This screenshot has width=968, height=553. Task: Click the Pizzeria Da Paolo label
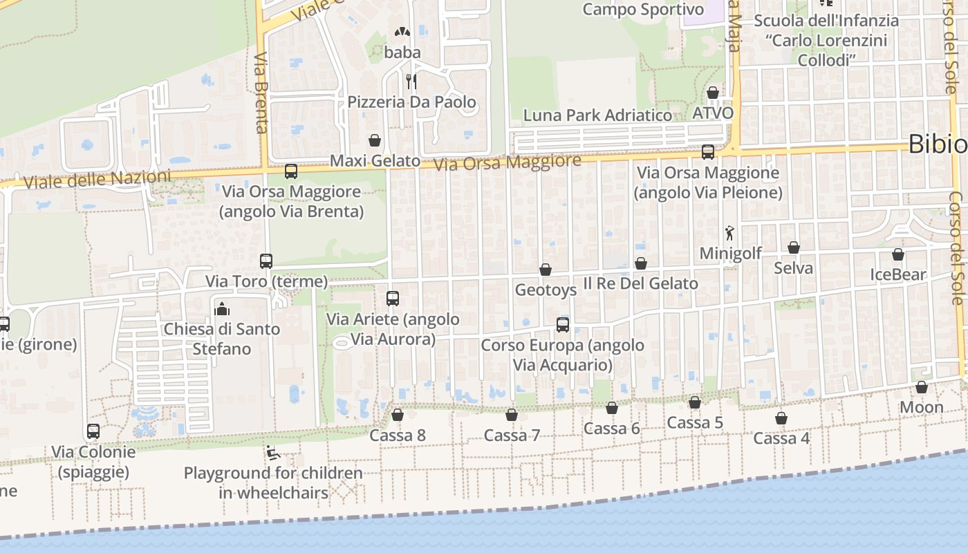411,102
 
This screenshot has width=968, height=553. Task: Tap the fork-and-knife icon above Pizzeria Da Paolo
411,82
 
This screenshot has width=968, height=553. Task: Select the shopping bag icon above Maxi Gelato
375,140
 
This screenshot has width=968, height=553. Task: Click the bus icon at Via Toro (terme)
266,261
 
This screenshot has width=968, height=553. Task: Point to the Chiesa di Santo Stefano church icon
222,308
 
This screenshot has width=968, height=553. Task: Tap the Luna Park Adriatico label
597,115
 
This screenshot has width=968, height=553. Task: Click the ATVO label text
713,112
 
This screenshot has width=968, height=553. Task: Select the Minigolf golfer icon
729,233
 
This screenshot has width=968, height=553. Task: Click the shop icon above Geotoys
546,270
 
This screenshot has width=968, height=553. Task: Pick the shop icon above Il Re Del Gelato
641,263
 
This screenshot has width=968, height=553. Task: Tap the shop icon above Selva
794,247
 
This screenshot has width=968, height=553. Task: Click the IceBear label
898,274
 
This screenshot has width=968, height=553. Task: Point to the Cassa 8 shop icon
398,415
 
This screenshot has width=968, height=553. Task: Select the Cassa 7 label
512,435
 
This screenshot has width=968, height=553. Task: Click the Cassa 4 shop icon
781,418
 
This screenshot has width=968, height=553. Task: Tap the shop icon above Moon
922,387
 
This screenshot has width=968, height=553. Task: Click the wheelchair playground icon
272,453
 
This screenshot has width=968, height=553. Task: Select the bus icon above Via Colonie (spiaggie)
93,431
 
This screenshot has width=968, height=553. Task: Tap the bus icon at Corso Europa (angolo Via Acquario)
563,324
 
